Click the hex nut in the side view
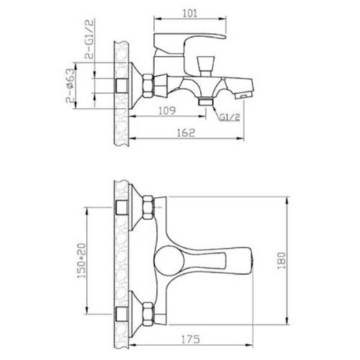[x=147, y=86]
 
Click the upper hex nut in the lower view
[x=148, y=207]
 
